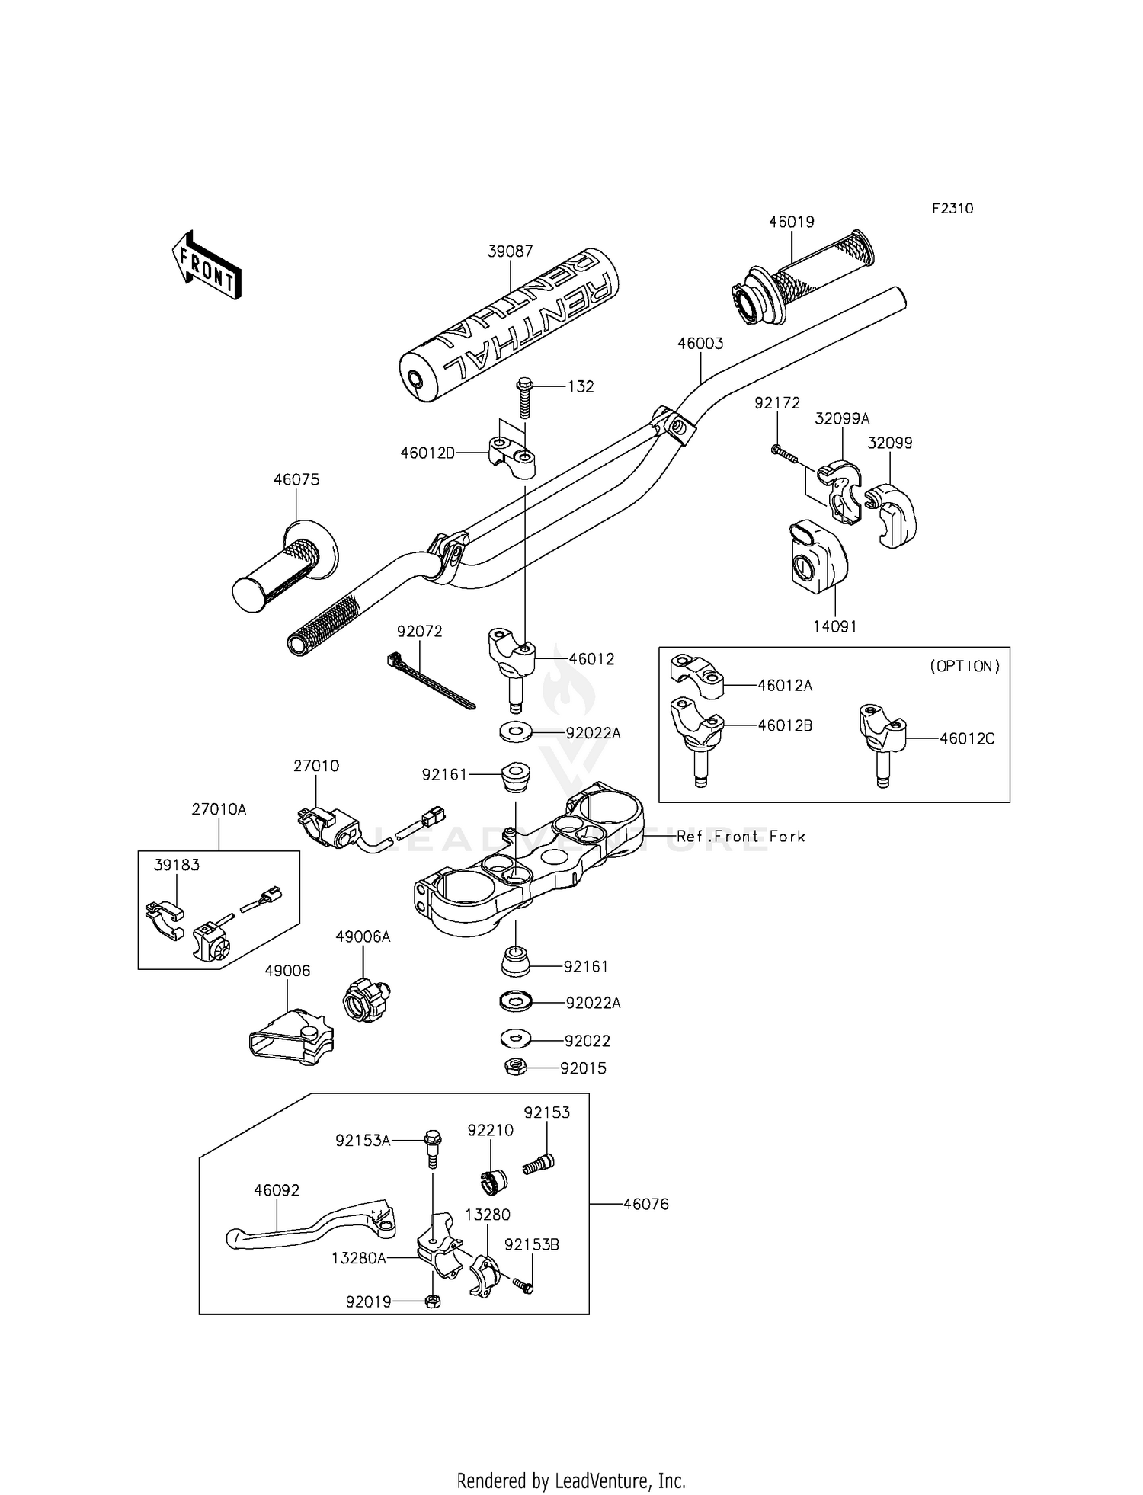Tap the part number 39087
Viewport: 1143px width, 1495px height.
[x=511, y=251]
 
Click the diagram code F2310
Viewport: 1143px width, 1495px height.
[x=952, y=209]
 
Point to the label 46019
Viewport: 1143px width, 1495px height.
[x=791, y=222]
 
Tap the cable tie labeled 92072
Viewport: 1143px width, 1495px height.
[x=431, y=680]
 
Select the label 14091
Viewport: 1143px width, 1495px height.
[x=834, y=626]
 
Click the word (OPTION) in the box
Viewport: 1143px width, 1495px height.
[x=965, y=666]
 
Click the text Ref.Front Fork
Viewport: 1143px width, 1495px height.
[x=741, y=837]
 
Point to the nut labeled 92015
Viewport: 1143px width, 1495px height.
[x=516, y=1068]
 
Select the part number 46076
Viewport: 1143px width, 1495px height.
[x=645, y=1205]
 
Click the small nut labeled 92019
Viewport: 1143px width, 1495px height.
[x=431, y=1301]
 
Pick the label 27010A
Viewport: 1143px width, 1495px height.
[x=219, y=809]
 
